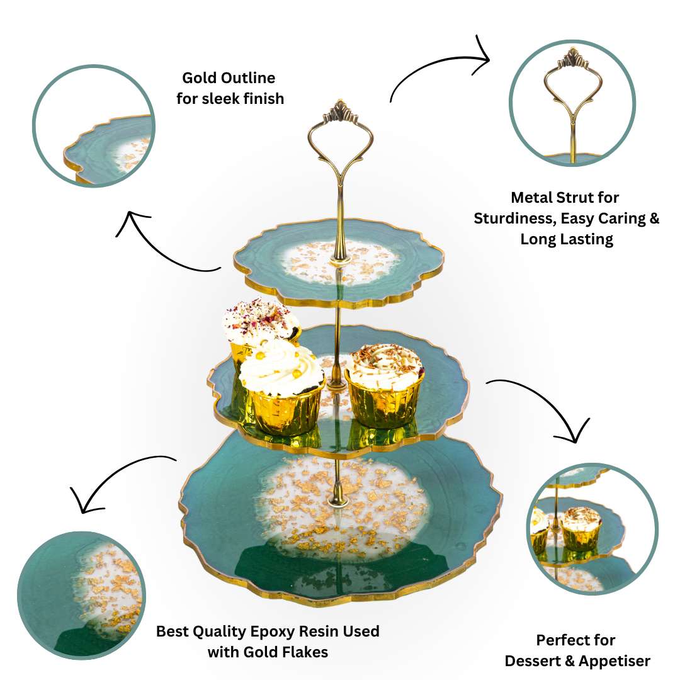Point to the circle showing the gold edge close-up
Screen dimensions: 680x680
pyautogui.click(x=94, y=126)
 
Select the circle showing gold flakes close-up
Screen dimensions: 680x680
pyautogui.click(x=81, y=596)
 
